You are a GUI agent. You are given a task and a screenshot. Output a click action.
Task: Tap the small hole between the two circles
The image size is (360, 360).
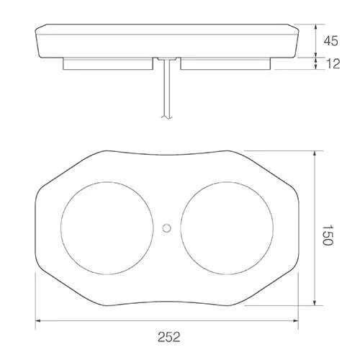tap(167, 228)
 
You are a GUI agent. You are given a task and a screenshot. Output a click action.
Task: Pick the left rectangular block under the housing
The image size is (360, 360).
tap(108, 64)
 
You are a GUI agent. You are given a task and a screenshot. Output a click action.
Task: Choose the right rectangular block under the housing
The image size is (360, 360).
tap(225, 64)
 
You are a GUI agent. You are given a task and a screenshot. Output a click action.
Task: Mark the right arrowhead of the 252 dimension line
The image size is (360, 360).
tap(298, 321)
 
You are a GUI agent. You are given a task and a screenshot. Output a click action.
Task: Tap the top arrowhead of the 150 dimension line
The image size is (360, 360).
tap(314, 153)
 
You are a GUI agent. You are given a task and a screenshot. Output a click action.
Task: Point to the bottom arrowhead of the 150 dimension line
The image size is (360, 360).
tap(314, 302)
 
